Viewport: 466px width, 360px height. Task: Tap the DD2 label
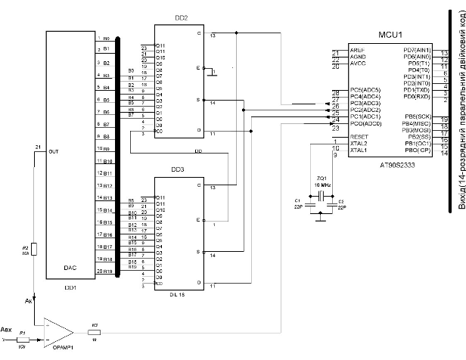click(x=182, y=18)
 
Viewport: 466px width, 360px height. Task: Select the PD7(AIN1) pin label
click(x=417, y=49)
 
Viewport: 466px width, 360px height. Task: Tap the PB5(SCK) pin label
click(x=418, y=116)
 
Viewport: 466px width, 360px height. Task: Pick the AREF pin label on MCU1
click(x=357, y=49)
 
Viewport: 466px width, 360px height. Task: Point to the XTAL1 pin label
click(x=358, y=150)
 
